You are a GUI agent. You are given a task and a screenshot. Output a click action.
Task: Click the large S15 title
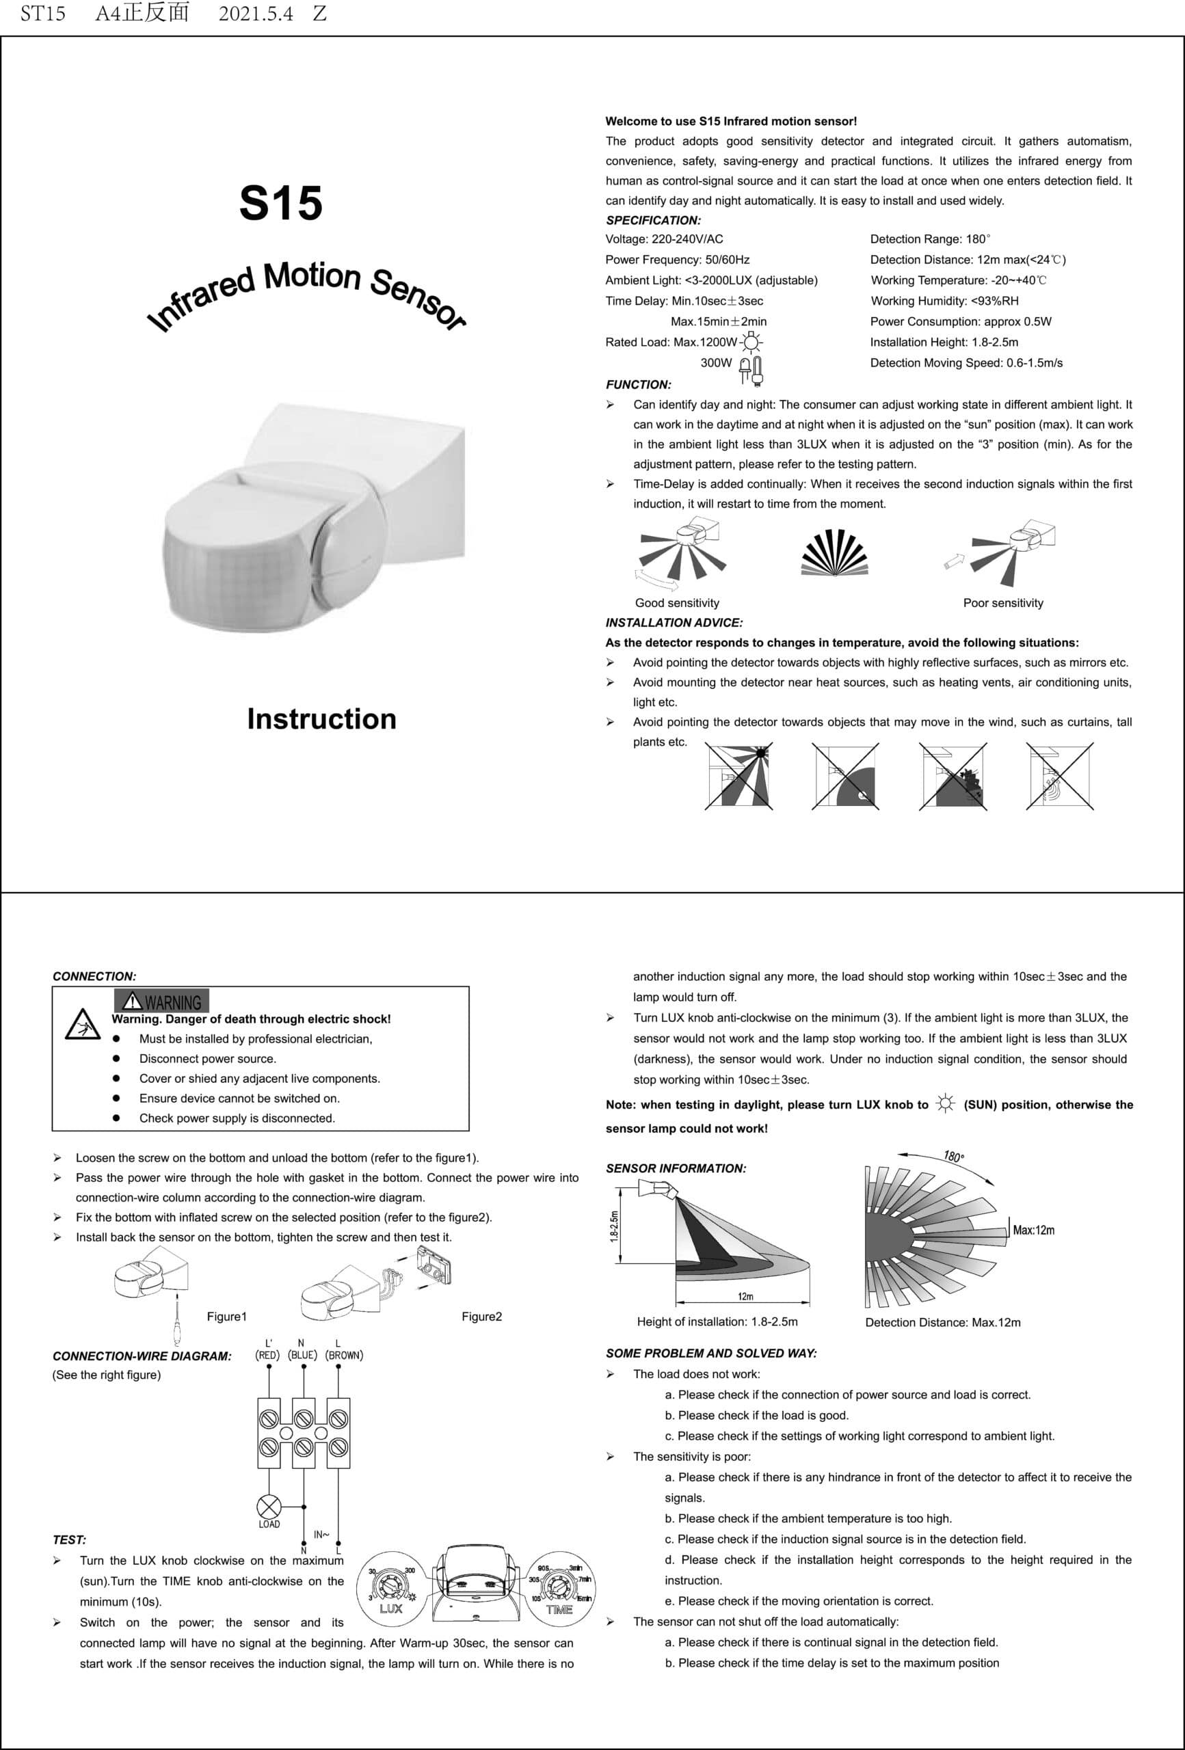[280, 202]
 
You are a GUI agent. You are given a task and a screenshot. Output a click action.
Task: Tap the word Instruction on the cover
[321, 719]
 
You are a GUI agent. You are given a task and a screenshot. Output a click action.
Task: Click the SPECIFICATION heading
[653, 221]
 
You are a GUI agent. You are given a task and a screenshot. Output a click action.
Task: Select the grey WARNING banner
[161, 1002]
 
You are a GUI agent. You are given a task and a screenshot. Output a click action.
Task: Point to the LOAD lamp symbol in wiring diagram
[269, 1507]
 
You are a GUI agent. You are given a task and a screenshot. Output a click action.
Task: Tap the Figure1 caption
[227, 1317]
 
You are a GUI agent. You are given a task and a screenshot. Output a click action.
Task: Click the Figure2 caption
[481, 1317]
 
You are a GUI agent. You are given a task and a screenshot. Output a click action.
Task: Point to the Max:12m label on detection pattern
[1034, 1230]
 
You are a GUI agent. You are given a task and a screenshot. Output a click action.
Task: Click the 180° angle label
[954, 1157]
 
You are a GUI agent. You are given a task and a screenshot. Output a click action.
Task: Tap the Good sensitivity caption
[676, 603]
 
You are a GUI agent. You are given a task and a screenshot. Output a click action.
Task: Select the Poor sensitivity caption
[1002, 603]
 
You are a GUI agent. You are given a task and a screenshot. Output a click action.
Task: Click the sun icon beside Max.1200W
[751, 342]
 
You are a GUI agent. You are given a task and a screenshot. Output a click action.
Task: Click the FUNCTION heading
[638, 385]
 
